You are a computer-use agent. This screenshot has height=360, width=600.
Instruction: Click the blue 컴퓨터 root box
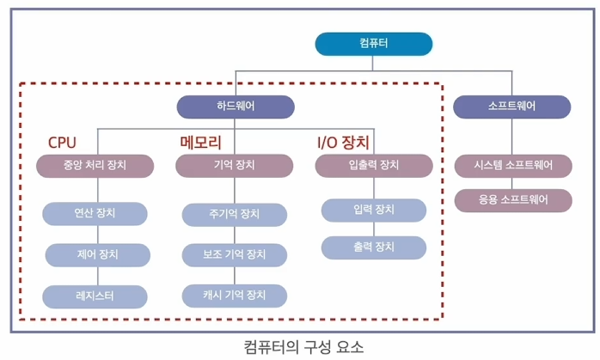point(373,43)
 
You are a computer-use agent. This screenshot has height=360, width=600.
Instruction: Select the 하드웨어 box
point(236,107)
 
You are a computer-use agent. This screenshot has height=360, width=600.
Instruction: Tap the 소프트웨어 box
point(511,107)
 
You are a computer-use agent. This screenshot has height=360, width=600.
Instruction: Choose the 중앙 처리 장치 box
point(95,165)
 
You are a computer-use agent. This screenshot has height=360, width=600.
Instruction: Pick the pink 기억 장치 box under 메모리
point(235,165)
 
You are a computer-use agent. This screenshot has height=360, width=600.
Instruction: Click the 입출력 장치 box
point(373,165)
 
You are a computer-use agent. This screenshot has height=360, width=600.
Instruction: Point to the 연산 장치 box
point(95,213)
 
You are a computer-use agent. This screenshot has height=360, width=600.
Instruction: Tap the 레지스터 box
point(95,296)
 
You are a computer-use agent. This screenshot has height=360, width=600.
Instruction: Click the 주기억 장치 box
point(234,214)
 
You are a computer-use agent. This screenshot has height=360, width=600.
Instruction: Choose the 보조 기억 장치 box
point(234,254)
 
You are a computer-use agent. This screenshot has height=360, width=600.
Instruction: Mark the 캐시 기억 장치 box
point(234,296)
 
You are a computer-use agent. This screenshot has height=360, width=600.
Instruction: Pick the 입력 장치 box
point(373,210)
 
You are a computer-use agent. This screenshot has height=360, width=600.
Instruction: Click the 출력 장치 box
point(373,247)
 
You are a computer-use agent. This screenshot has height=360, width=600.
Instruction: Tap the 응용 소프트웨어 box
point(512,200)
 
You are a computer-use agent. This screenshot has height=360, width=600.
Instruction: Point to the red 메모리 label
point(200,142)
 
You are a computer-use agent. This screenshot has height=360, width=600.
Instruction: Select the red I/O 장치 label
point(344,142)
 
